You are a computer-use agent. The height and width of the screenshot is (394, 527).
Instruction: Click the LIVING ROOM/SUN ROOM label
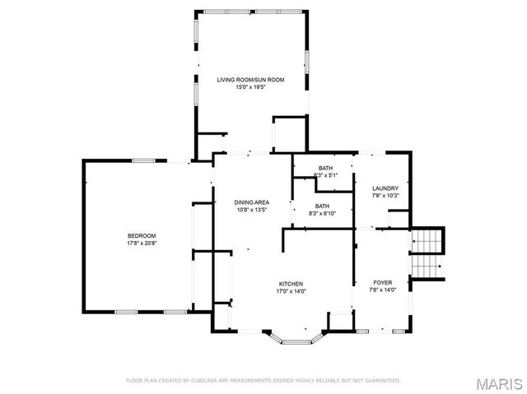point(250,80)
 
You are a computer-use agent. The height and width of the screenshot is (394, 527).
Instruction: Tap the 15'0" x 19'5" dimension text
point(250,86)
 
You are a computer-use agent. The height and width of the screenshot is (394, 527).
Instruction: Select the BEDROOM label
point(142,236)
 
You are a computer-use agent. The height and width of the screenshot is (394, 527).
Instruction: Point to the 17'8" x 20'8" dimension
point(142,243)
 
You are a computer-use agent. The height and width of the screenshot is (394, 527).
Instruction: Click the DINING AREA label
point(251,202)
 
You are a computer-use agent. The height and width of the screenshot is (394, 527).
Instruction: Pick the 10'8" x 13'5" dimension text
point(251,209)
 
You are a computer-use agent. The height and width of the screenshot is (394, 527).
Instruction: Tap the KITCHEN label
point(291,283)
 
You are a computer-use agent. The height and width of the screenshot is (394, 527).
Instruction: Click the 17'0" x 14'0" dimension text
point(291,290)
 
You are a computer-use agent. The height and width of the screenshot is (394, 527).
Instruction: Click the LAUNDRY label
point(385,188)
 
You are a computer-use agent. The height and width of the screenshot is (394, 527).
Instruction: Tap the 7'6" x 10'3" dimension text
point(385,196)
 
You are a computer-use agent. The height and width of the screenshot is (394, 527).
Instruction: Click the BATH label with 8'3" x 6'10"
point(322,206)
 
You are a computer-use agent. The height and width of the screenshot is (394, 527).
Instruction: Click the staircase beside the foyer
point(427,254)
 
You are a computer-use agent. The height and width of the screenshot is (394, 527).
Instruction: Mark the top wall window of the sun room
point(250,12)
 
